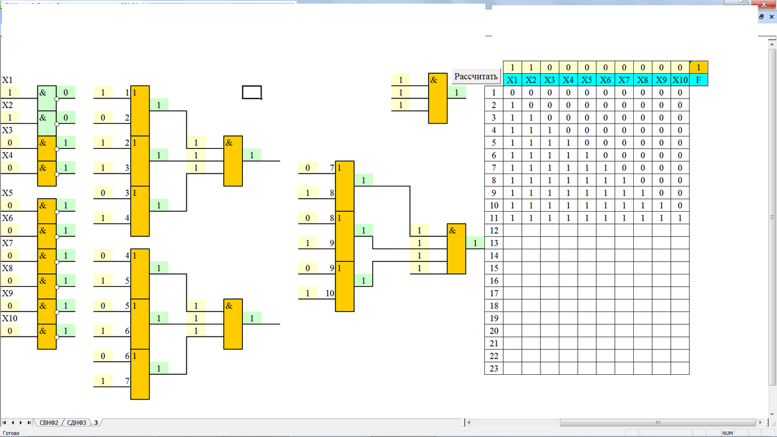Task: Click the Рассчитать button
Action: pyautogui.click(x=476, y=76)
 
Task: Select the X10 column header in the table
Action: pyautogui.click(x=680, y=80)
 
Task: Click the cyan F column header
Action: pyautogui.click(x=699, y=80)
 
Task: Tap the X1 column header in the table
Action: pyautogui.click(x=512, y=80)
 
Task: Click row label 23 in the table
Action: pyautogui.click(x=493, y=368)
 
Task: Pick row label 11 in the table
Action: pyautogui.click(x=493, y=218)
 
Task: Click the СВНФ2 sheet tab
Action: pyautogui.click(x=49, y=423)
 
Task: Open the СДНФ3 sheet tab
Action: pyautogui.click(x=76, y=423)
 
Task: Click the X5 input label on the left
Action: pyautogui.click(x=8, y=193)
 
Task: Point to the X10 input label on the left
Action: pyautogui.click(x=10, y=319)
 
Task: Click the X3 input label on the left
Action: pyautogui.click(x=8, y=130)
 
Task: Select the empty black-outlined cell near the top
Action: pyautogui.click(x=252, y=93)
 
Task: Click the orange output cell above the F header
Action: pyautogui.click(x=699, y=67)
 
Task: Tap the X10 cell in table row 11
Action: pyautogui.click(x=680, y=218)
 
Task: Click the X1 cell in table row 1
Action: pyautogui.click(x=512, y=93)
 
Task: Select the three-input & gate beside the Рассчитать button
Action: pyautogui.click(x=438, y=98)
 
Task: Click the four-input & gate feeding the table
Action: pyautogui.click(x=456, y=249)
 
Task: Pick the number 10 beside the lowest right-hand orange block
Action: pyautogui.click(x=330, y=293)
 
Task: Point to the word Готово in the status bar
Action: pyautogui.click(x=12, y=433)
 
